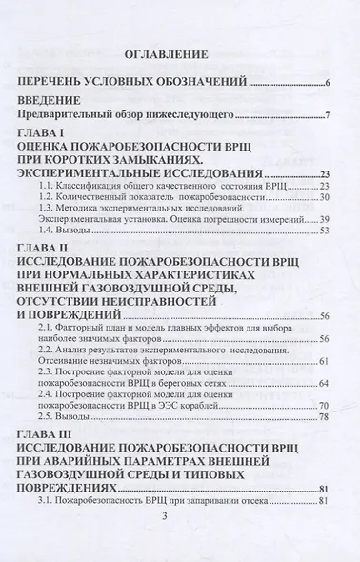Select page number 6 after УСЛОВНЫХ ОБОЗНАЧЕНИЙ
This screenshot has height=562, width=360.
tap(327, 87)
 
